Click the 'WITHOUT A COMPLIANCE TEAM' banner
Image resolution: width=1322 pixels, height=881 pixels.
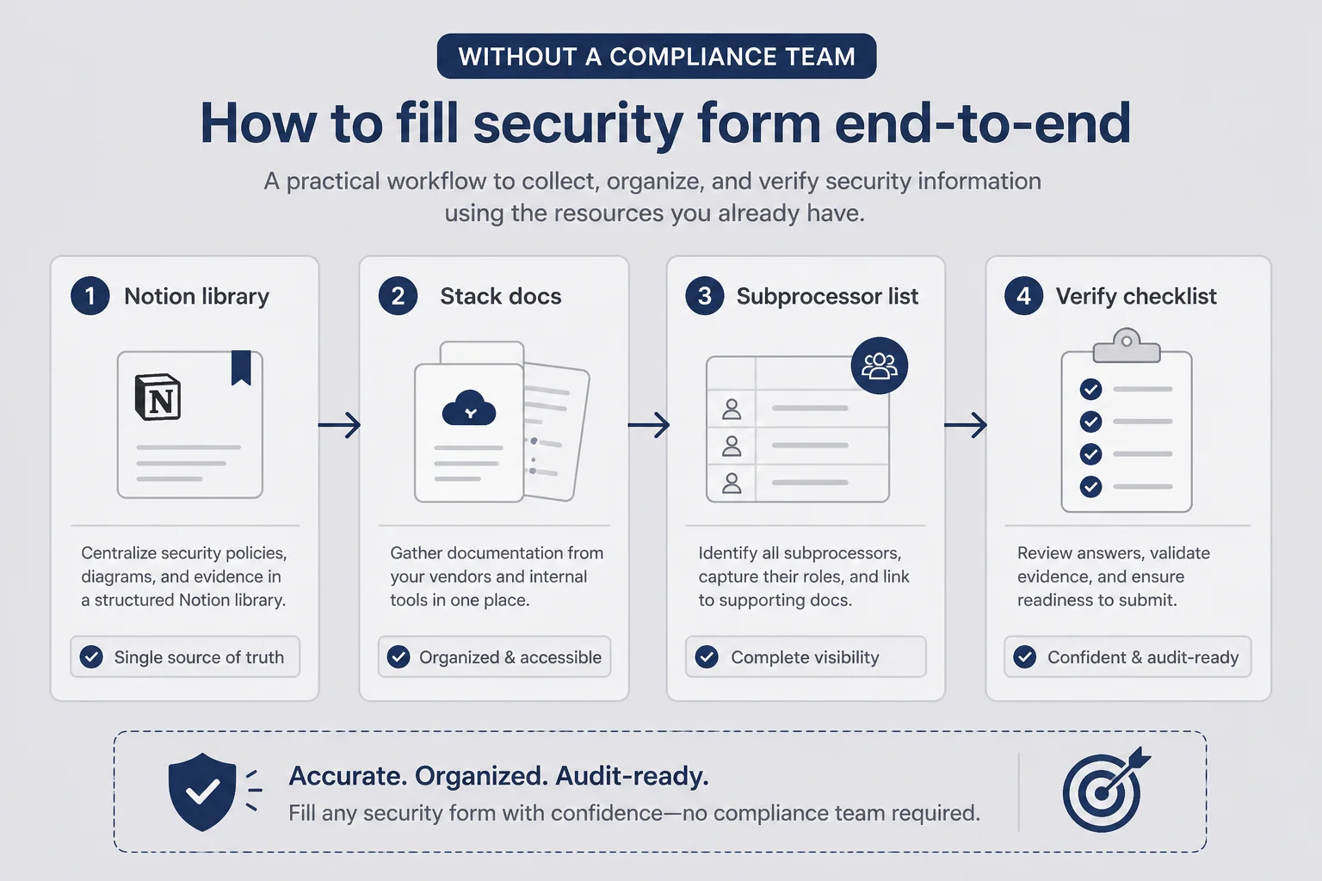click(x=657, y=56)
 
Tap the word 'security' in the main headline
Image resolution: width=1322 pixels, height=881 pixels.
click(x=578, y=124)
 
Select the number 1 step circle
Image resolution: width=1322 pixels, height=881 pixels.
click(x=90, y=296)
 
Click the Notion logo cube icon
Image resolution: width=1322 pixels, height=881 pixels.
click(x=158, y=397)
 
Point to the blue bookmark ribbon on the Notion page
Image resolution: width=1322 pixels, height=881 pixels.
click(x=241, y=367)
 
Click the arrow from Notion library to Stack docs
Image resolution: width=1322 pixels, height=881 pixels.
click(x=339, y=425)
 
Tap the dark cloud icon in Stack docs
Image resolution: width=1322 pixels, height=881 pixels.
click(x=468, y=408)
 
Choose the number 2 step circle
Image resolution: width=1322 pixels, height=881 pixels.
click(x=398, y=296)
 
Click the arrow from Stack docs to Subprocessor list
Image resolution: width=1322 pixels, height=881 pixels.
click(x=649, y=425)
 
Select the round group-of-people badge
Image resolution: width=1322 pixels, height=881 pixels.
click(x=880, y=366)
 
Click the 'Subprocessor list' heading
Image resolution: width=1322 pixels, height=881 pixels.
click(x=827, y=296)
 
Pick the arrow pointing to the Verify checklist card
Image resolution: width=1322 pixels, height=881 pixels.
click(x=966, y=425)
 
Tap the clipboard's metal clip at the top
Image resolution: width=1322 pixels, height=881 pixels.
click(x=1127, y=346)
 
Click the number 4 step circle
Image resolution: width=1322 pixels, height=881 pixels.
click(x=1024, y=296)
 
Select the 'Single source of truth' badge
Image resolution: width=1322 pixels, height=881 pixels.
click(x=185, y=656)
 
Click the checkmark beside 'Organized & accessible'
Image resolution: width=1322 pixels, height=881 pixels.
click(x=398, y=656)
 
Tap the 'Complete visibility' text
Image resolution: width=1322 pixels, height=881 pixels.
click(x=805, y=657)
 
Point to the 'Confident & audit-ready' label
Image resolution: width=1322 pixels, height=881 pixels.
click(x=1143, y=657)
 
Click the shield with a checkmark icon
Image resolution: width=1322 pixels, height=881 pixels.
click(x=202, y=792)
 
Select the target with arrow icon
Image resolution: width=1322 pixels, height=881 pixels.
click(x=1105, y=790)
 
